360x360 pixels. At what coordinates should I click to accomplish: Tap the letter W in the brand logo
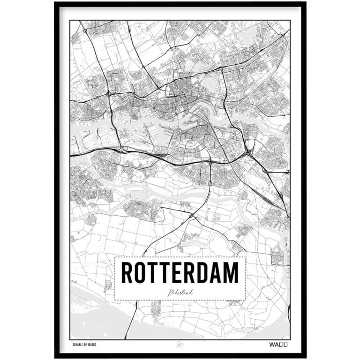click(272, 345)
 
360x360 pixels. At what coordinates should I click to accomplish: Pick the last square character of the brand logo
click(287, 345)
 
